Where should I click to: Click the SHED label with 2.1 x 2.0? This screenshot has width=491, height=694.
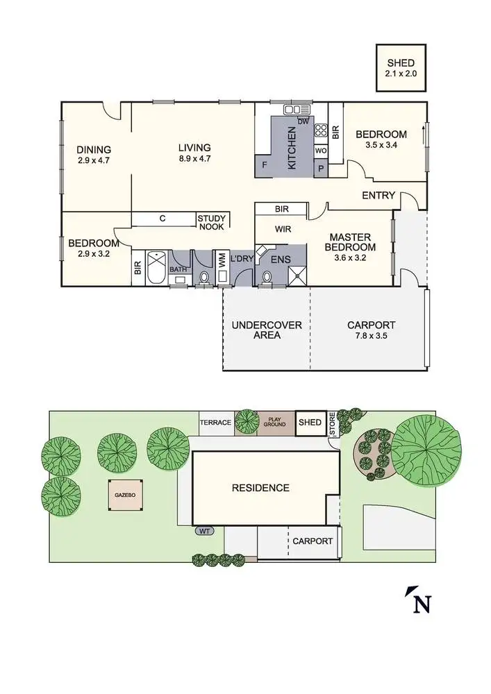pyautogui.click(x=401, y=67)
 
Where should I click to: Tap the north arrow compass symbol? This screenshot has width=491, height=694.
pyautogui.click(x=418, y=600)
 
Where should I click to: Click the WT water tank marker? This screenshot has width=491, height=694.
pyautogui.click(x=204, y=531)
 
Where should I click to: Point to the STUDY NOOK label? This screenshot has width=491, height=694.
pyautogui.click(x=212, y=222)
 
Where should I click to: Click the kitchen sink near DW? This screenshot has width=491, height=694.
pyautogui.click(x=297, y=110)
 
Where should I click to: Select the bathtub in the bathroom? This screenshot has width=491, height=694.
pyautogui.click(x=157, y=269)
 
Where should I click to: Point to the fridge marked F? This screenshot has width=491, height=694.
pyautogui.click(x=265, y=167)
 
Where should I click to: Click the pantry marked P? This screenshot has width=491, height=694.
pyautogui.click(x=321, y=168)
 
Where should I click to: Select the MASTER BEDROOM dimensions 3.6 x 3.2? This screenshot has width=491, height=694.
pyautogui.click(x=352, y=257)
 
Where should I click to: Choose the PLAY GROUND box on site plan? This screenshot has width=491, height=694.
pyautogui.click(x=276, y=422)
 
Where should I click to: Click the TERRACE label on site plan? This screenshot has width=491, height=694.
pyautogui.click(x=215, y=422)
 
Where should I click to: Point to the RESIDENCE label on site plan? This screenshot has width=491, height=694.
pyautogui.click(x=260, y=488)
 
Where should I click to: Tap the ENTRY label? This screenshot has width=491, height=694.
pyautogui.click(x=378, y=196)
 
